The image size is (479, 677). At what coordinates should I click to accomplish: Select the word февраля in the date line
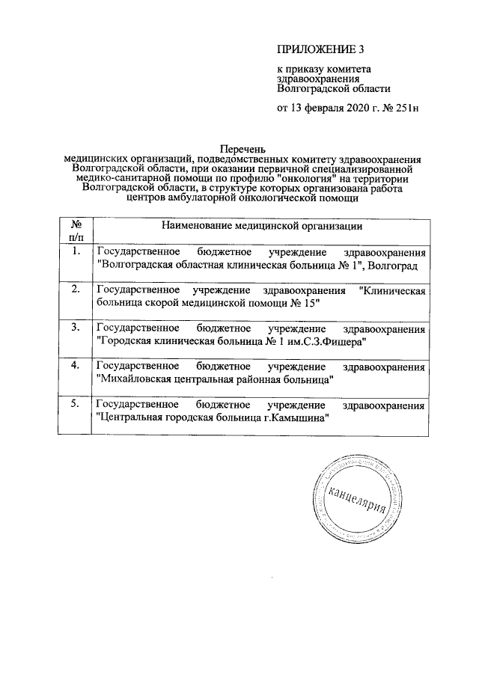[323, 108]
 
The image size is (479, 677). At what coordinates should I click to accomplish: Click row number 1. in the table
[75, 251]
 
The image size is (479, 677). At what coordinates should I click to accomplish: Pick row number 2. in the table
[75, 290]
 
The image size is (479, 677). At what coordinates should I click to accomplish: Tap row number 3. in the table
[75, 328]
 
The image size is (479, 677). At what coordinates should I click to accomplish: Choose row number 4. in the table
[75, 366]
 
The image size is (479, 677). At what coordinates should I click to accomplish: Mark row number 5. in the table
[75, 405]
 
